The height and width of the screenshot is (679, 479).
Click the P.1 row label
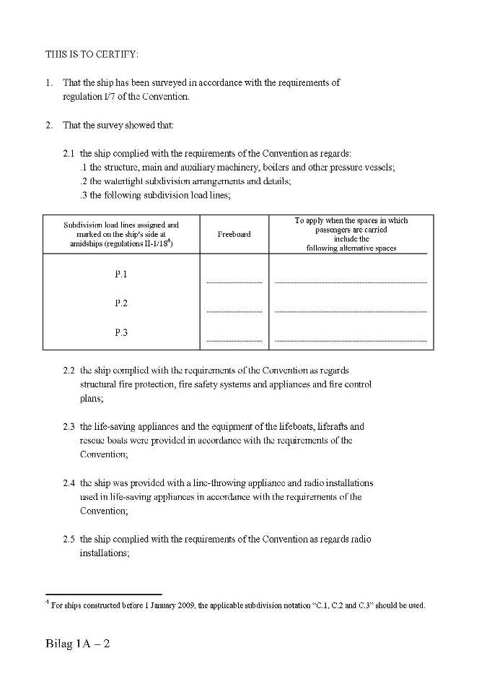click(x=121, y=274)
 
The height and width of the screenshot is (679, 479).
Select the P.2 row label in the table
click(x=121, y=303)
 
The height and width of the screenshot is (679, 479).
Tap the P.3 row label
click(x=121, y=332)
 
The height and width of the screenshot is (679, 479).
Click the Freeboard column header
click(x=234, y=234)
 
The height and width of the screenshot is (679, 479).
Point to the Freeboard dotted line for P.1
click(x=234, y=282)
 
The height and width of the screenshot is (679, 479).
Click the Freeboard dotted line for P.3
click(x=234, y=340)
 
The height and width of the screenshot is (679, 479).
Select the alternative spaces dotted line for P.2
click(x=351, y=311)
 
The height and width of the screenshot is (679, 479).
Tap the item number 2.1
click(x=69, y=154)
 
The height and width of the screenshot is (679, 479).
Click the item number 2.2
click(x=69, y=370)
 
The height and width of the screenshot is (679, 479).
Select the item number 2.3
click(x=69, y=426)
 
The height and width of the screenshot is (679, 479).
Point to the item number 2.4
click(x=69, y=483)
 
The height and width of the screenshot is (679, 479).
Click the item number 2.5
click(x=69, y=539)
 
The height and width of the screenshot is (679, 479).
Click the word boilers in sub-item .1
click(x=280, y=168)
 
